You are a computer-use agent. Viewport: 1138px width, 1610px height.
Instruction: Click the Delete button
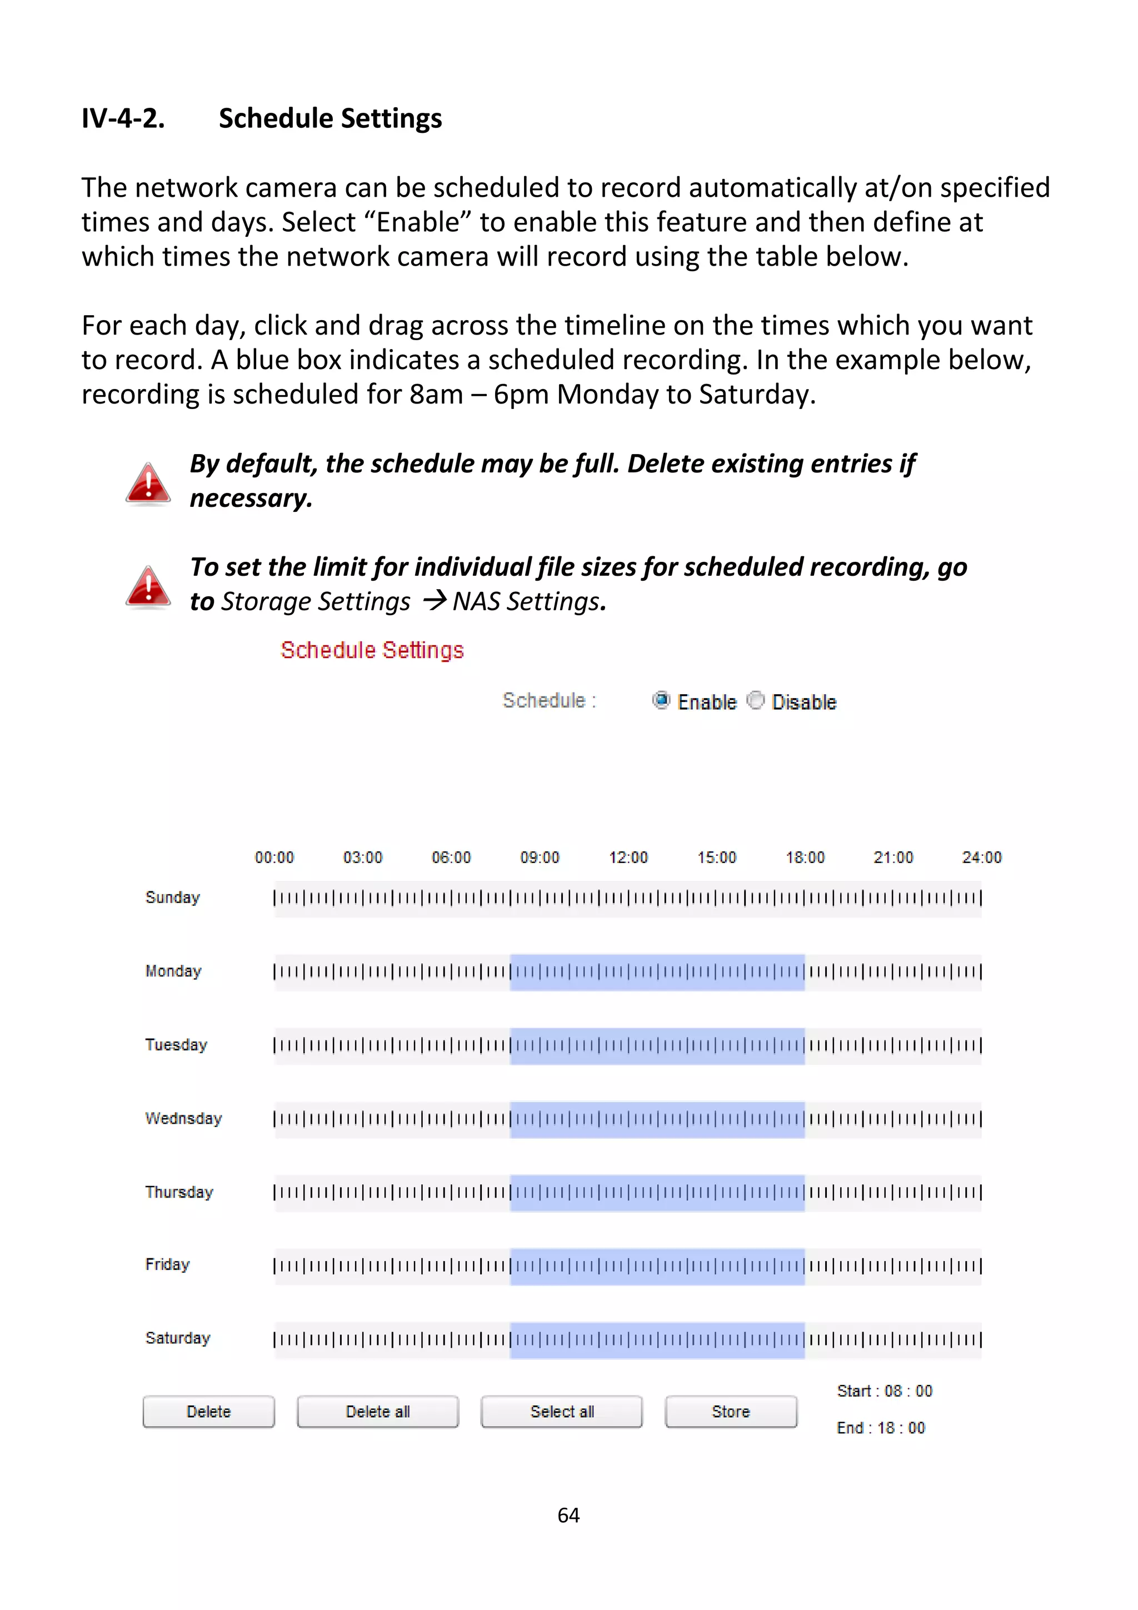pos(208,1411)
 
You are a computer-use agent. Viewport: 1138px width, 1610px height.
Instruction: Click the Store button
pos(731,1411)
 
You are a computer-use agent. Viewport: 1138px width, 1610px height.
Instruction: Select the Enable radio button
pos(661,700)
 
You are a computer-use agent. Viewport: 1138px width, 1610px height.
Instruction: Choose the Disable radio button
pos(755,700)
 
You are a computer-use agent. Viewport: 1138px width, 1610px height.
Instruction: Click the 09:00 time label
pos(539,857)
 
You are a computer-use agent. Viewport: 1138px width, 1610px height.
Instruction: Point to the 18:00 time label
pos(805,857)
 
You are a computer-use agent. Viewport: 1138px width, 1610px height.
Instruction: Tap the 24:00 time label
pos(982,857)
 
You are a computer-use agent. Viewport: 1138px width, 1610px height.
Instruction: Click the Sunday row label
pos(172,898)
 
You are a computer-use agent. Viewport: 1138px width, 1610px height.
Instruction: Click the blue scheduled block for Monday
pos(657,972)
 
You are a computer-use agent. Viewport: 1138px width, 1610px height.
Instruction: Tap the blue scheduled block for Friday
pos(657,1267)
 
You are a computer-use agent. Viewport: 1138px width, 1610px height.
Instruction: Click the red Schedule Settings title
pos(372,650)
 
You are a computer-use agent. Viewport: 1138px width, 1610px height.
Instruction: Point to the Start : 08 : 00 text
pos(884,1390)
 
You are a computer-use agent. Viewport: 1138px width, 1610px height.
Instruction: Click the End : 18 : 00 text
pos(881,1428)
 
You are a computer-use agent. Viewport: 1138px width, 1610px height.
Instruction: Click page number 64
pos(568,1516)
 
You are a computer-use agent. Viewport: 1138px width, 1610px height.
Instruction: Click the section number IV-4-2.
pos(123,118)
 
